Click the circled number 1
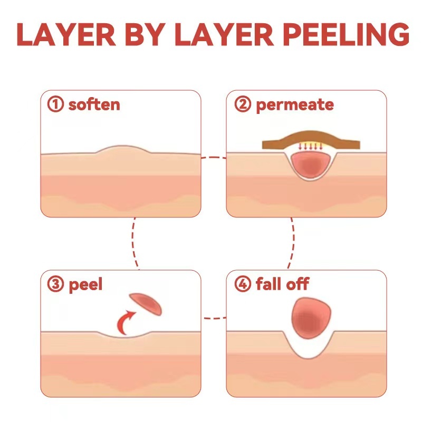tap(55, 104)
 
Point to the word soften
tap(94, 104)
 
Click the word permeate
tap(294, 104)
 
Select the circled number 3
tap(55, 285)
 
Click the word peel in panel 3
tap(85, 285)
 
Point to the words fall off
tap(282, 285)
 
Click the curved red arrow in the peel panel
tap(126, 321)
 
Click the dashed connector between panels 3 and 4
tap(214, 318)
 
